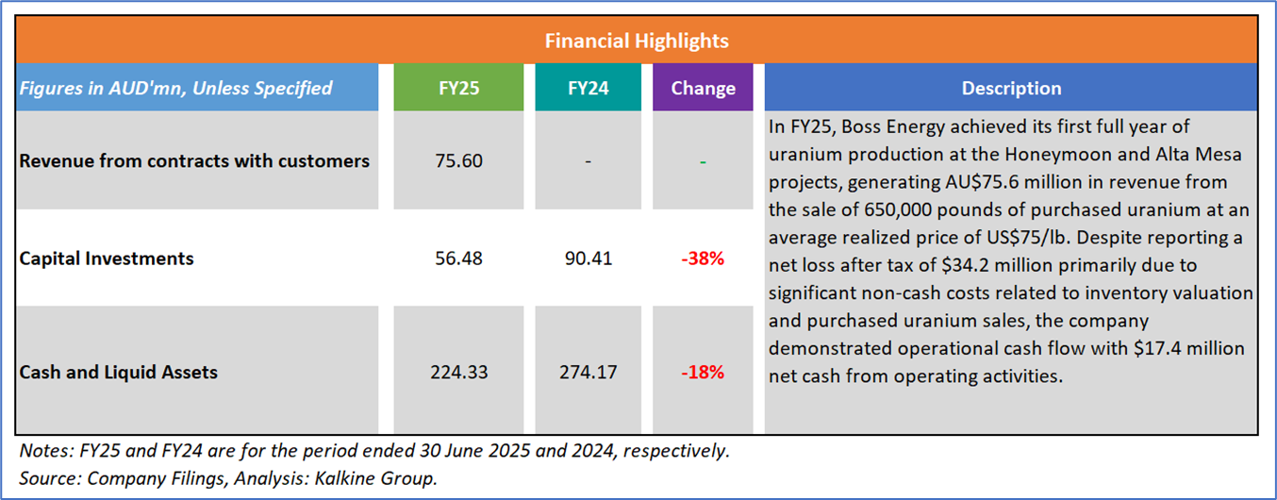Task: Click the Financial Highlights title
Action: click(637, 42)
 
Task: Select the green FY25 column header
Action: click(458, 88)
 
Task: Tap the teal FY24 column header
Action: click(587, 88)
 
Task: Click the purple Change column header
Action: click(703, 88)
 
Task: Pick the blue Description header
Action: click(1011, 88)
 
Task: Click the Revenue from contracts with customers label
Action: click(194, 161)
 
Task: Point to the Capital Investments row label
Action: click(107, 258)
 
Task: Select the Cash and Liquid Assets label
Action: click(119, 372)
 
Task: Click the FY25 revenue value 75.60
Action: click(458, 161)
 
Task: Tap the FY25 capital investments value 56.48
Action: click(458, 258)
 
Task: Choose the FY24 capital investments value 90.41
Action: click(587, 258)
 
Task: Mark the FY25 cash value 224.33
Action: click(458, 372)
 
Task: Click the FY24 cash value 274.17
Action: click(587, 372)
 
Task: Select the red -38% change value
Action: click(703, 258)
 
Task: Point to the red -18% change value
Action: click(703, 372)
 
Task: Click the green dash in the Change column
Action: click(703, 161)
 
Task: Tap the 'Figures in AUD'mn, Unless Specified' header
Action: click(175, 88)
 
